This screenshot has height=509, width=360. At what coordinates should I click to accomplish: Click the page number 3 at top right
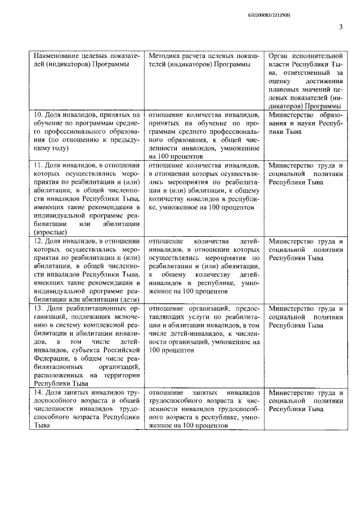coord(341,26)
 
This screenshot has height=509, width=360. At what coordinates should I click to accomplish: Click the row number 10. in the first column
coord(37,114)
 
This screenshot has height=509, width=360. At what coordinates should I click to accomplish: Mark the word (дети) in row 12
coord(130,300)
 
